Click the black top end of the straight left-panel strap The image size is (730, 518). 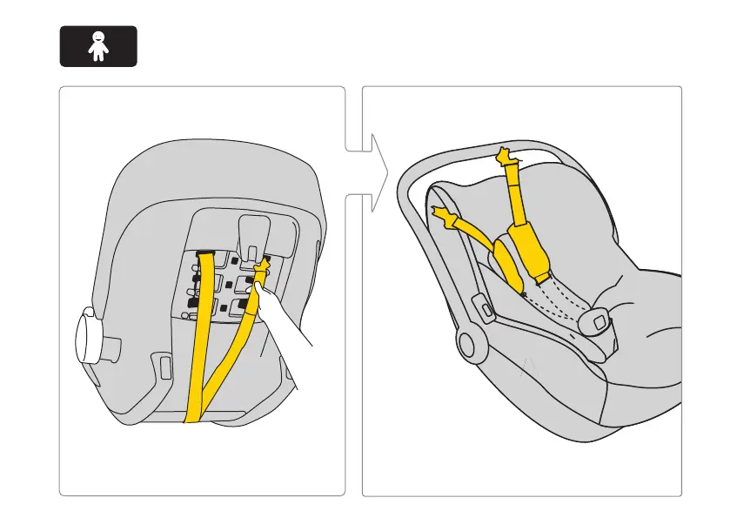click(206, 254)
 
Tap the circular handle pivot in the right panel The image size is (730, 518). click(471, 346)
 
